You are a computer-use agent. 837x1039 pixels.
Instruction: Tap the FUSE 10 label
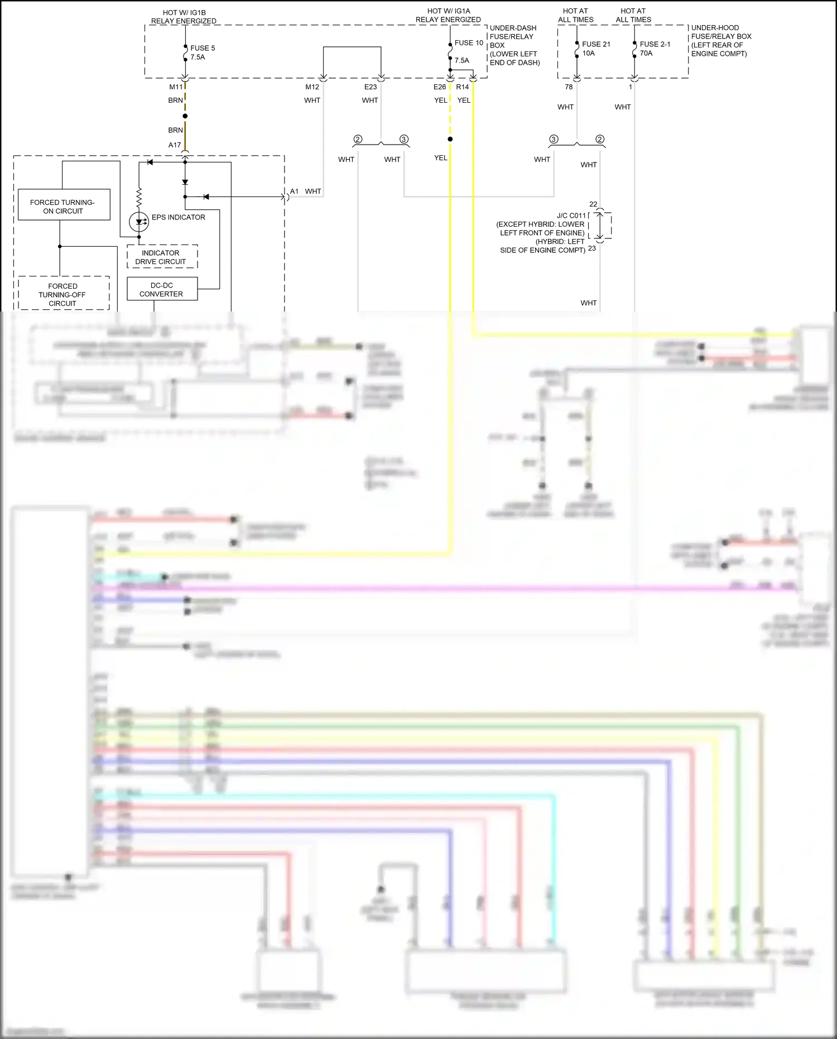469,43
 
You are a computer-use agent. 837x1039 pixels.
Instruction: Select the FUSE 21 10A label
595,49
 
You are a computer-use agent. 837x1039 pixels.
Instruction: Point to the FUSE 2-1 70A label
654,49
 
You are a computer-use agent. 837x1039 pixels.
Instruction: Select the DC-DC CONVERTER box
162,289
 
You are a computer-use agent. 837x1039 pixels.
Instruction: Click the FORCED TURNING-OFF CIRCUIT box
63,294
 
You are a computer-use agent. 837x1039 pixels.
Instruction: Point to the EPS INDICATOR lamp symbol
139,222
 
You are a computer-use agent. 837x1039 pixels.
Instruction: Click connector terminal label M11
176,87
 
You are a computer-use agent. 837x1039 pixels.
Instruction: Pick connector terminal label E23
371,87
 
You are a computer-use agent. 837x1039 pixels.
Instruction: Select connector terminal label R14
462,87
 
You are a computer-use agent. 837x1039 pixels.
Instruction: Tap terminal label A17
175,145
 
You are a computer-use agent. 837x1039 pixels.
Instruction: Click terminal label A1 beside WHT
294,191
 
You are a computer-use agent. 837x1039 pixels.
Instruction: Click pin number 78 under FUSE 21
569,87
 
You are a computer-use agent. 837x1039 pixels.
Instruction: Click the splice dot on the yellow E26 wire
450,139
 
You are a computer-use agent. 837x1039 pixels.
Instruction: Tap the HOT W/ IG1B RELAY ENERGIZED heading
184,17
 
